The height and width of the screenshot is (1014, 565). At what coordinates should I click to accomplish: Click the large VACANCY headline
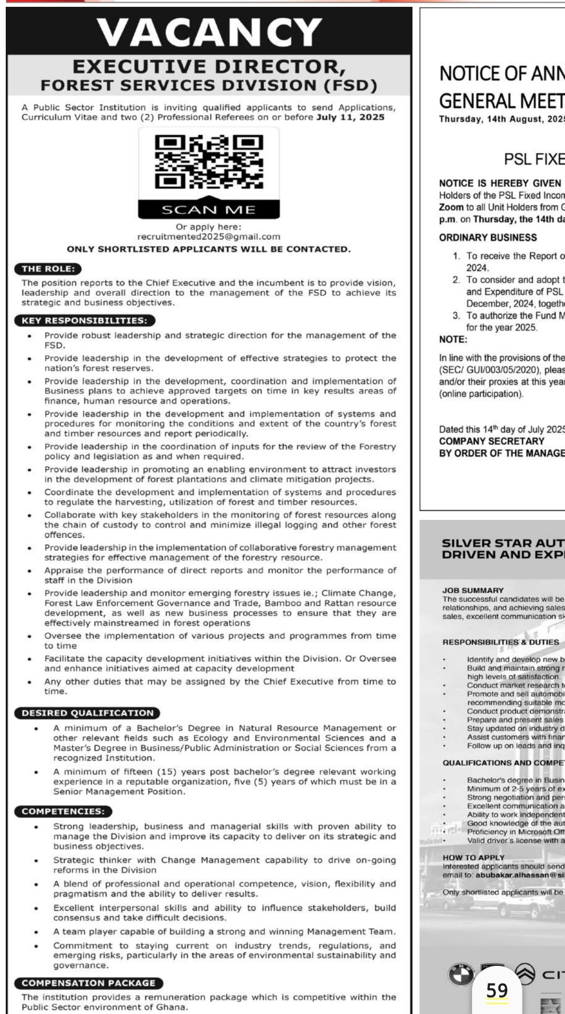pyautogui.click(x=209, y=32)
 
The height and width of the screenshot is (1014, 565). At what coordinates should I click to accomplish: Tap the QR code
pyautogui.click(x=209, y=161)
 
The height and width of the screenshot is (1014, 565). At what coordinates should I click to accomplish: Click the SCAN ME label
pyautogui.click(x=209, y=210)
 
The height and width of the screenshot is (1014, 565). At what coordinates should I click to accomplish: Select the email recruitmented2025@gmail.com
pyautogui.click(x=209, y=237)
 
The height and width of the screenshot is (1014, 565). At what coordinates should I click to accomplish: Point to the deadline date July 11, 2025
pyautogui.click(x=351, y=117)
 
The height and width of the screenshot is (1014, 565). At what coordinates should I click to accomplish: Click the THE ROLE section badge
pyautogui.click(x=48, y=269)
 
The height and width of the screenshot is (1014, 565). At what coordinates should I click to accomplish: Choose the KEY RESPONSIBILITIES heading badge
pyautogui.click(x=84, y=320)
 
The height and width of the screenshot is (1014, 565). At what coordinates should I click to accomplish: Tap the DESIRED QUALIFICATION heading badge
pyautogui.click(x=88, y=713)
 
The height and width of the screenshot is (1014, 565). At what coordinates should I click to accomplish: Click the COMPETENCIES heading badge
pyautogui.click(x=63, y=811)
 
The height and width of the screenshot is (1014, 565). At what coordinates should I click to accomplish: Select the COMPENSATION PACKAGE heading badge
pyautogui.click(x=89, y=983)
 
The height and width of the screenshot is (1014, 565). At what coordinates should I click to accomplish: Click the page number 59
pyautogui.click(x=497, y=990)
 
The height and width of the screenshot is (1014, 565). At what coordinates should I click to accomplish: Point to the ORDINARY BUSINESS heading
pyautogui.click(x=488, y=237)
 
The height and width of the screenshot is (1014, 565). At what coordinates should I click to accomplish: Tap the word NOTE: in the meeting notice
pyautogui.click(x=453, y=339)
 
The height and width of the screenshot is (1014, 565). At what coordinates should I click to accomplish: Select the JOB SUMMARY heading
pyautogui.click(x=473, y=590)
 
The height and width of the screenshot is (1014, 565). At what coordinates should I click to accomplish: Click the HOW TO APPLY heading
pyautogui.click(x=473, y=857)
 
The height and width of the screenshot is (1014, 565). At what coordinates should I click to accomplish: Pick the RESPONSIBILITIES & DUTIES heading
pyautogui.click(x=501, y=642)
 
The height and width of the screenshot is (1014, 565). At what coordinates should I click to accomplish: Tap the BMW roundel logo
pyautogui.click(x=460, y=974)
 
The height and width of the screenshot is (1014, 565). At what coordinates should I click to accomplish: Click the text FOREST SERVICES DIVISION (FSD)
pyautogui.click(x=209, y=84)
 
